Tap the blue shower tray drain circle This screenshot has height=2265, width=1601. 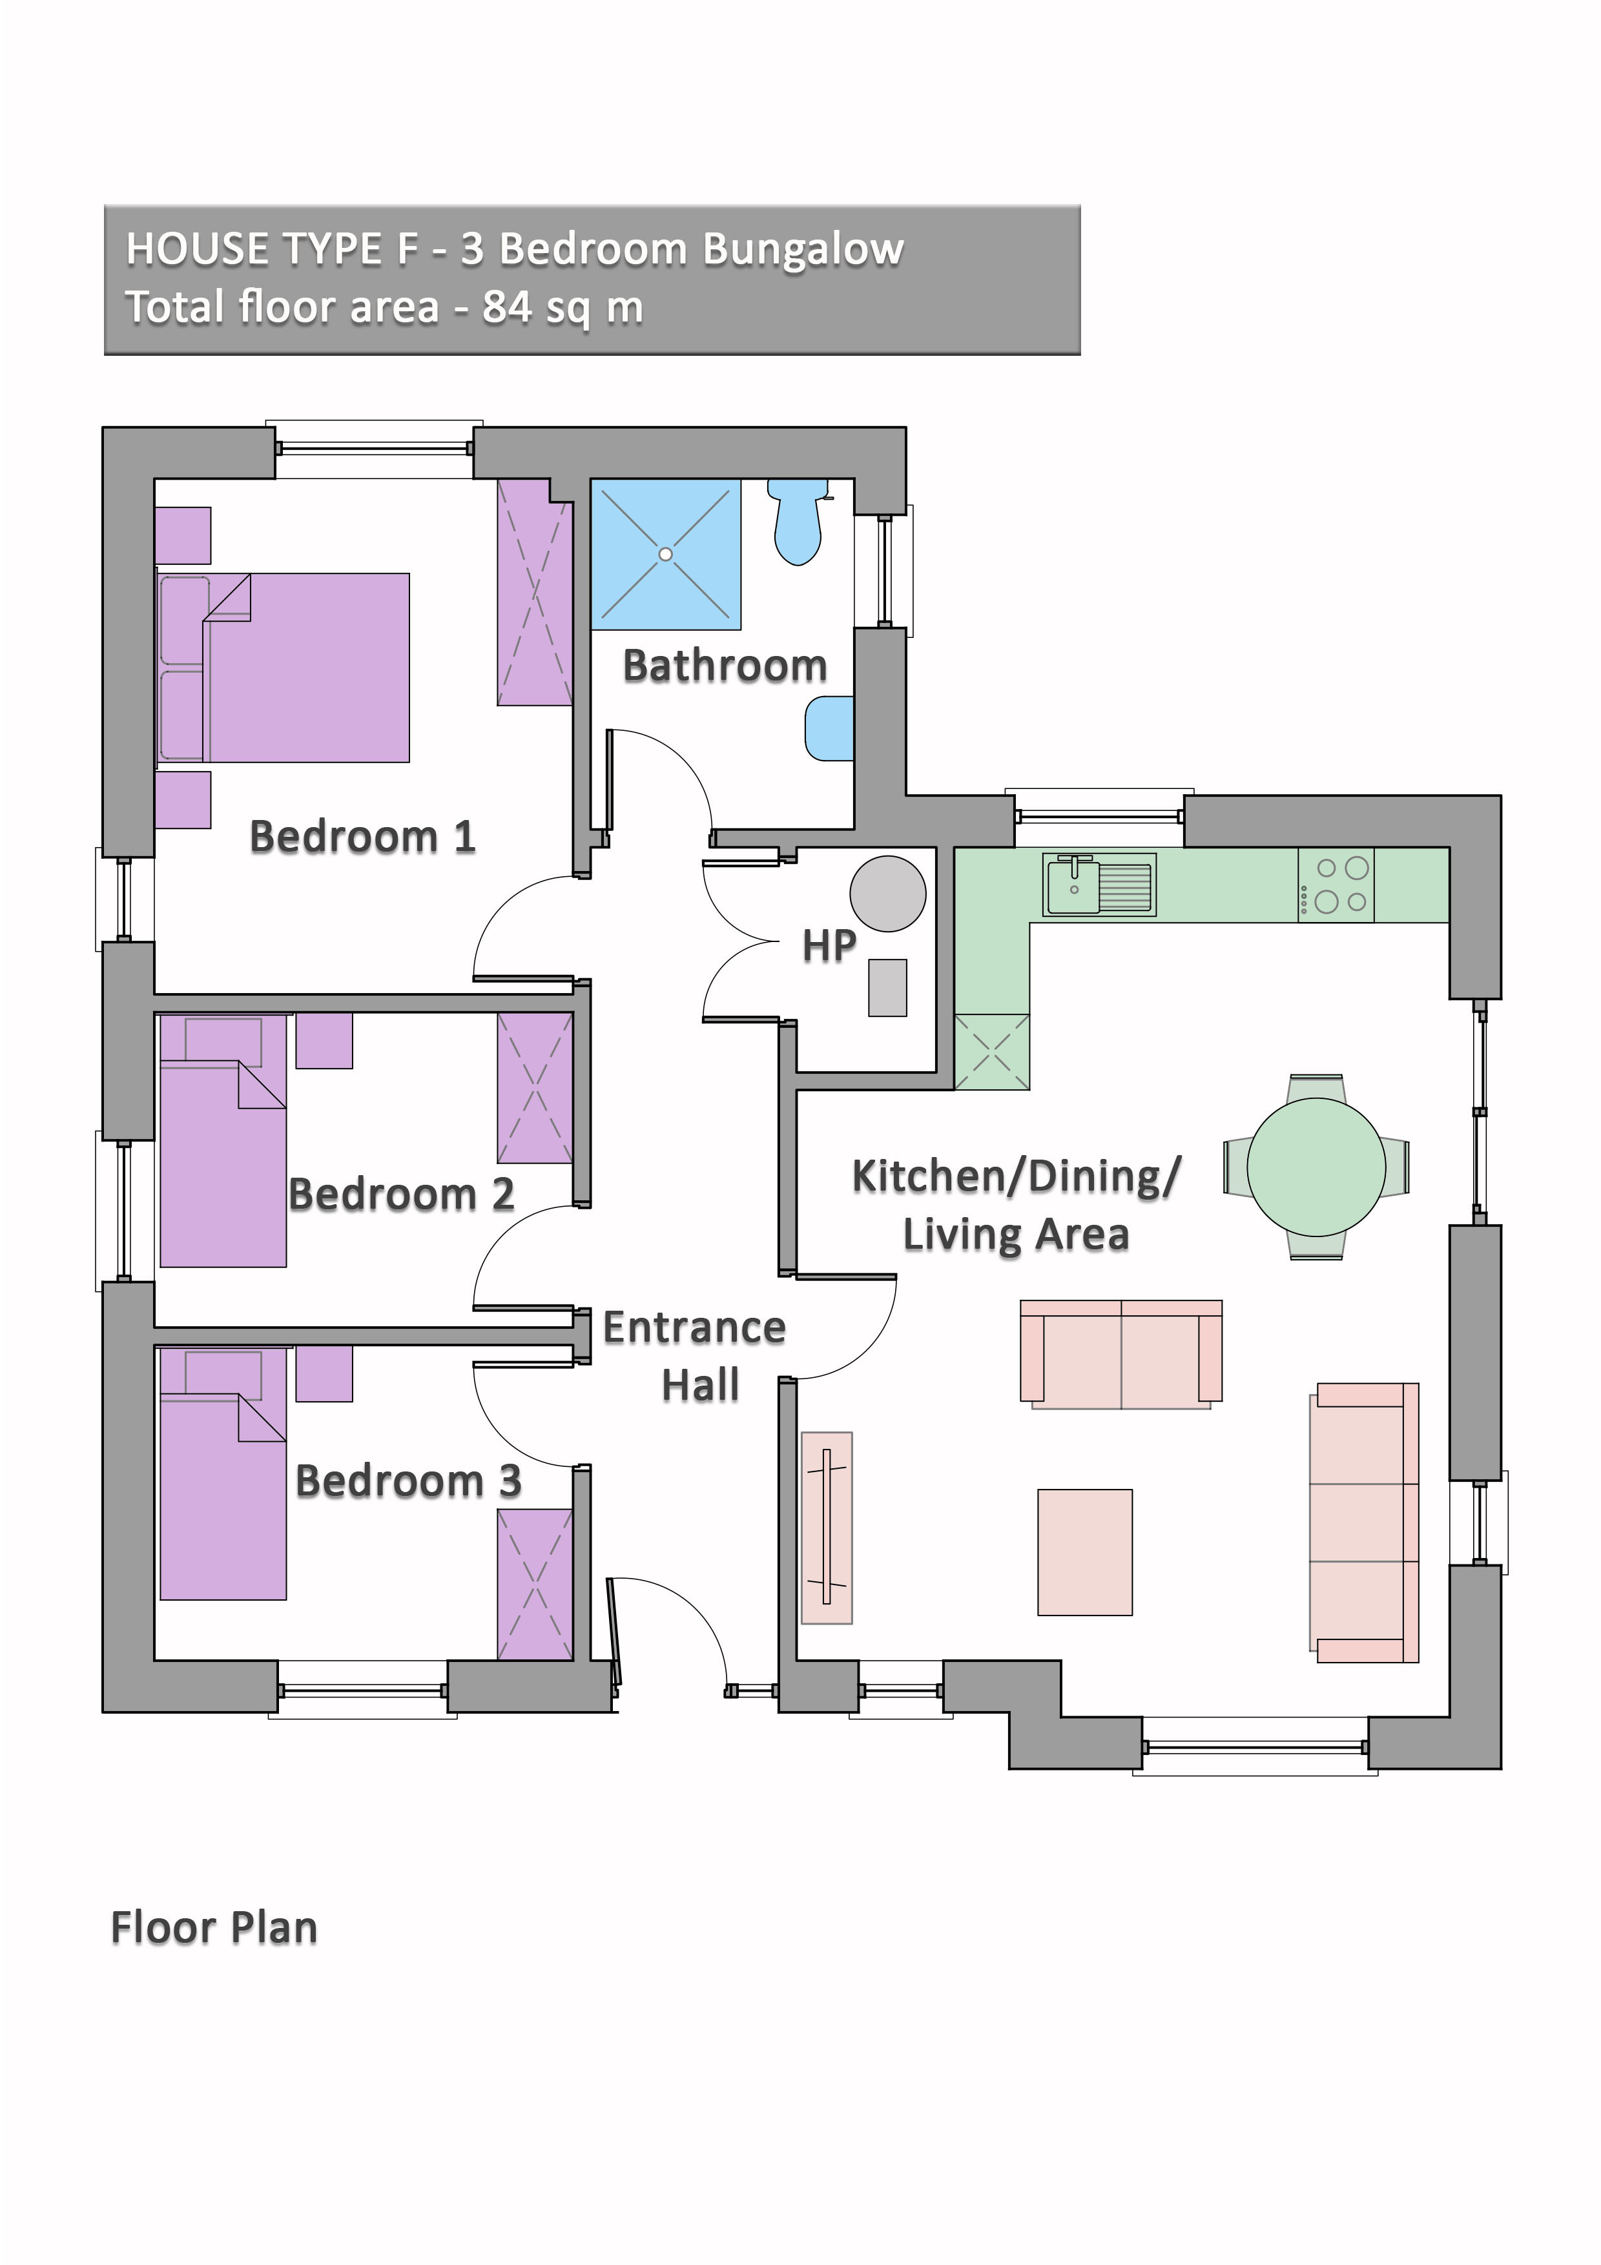coord(666,555)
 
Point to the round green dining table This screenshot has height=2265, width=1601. coord(1316,1167)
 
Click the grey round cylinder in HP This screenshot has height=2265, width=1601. coord(888,894)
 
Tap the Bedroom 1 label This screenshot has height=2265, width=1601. coord(362,837)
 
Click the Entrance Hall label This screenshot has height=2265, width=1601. coord(696,1357)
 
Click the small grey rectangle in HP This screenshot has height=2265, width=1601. coord(887,987)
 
